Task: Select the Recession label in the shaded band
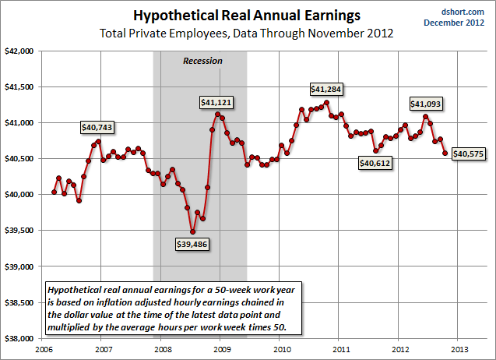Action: (202, 61)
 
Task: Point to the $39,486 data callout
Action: (192, 244)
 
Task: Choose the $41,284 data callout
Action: (325, 89)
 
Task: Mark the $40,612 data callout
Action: (375, 163)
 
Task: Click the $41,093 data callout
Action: (426, 104)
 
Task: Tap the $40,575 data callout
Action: (468, 154)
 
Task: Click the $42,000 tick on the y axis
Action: (21, 51)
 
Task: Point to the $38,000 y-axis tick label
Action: (21, 338)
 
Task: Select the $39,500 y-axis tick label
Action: (21, 231)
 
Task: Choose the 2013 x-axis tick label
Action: (459, 348)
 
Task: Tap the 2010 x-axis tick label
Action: (280, 348)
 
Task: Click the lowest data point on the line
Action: (192, 231)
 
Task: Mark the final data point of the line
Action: (445, 153)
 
